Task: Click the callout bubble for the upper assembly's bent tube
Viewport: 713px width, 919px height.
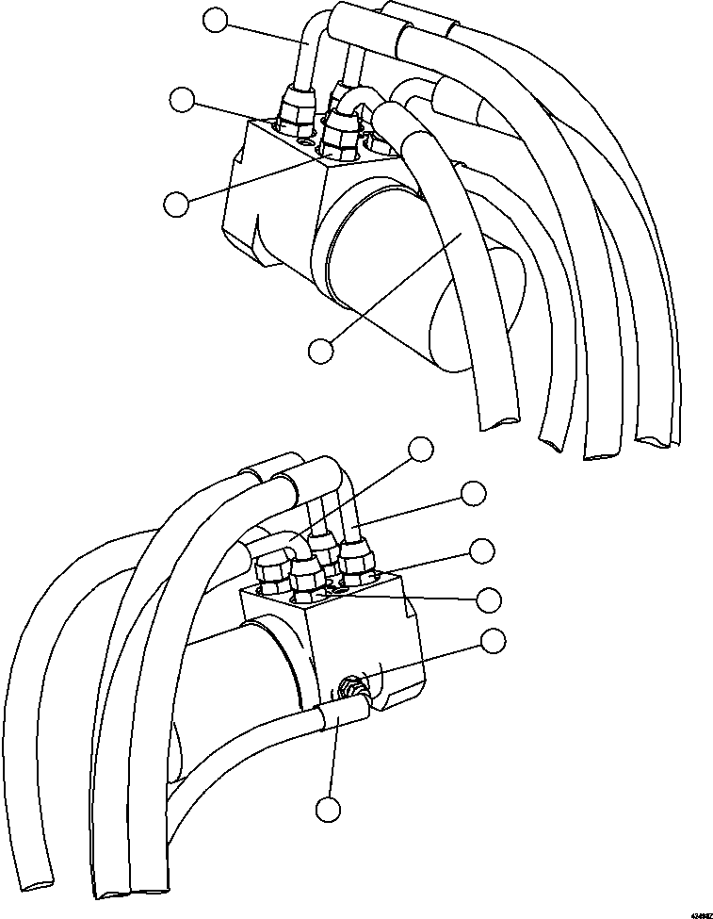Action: pos(217,19)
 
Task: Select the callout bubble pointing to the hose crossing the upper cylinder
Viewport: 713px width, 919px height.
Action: pos(321,350)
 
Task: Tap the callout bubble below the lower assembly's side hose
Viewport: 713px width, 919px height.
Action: pos(328,809)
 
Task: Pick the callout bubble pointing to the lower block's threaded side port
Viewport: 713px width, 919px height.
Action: pos(492,641)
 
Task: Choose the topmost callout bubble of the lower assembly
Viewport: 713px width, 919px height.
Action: pos(422,449)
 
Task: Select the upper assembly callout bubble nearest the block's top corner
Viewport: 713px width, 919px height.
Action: pos(182,99)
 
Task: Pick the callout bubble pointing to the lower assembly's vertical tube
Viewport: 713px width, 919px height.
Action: pos(473,492)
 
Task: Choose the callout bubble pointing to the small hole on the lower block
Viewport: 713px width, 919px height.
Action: pos(489,599)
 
